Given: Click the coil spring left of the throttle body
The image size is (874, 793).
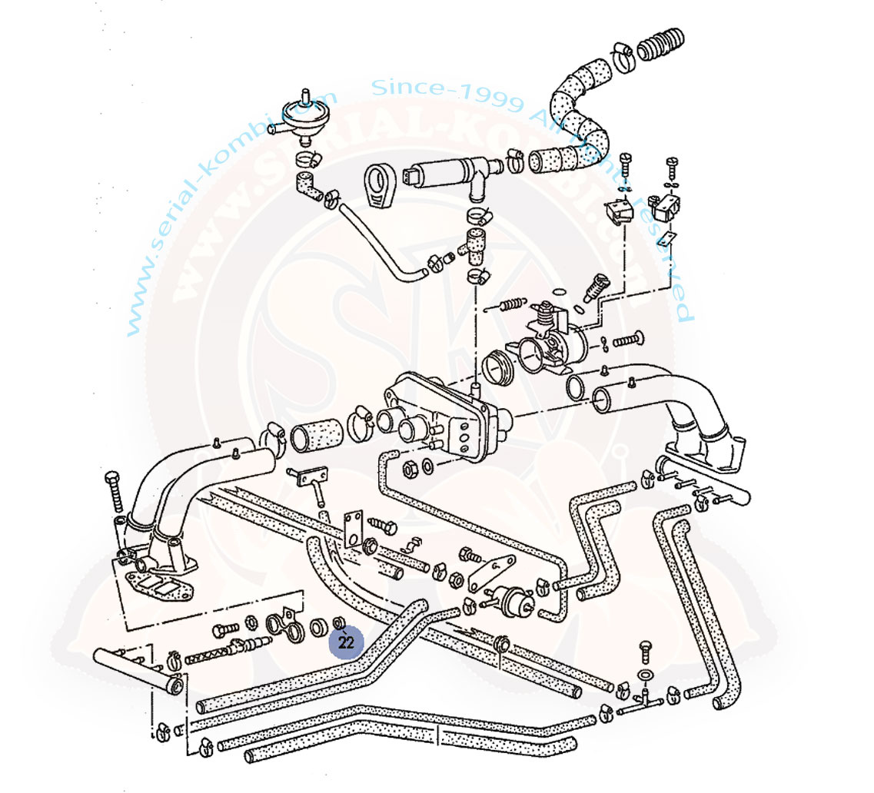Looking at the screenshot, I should click(x=510, y=306).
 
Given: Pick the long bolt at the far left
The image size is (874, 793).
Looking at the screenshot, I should click(x=115, y=488).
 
